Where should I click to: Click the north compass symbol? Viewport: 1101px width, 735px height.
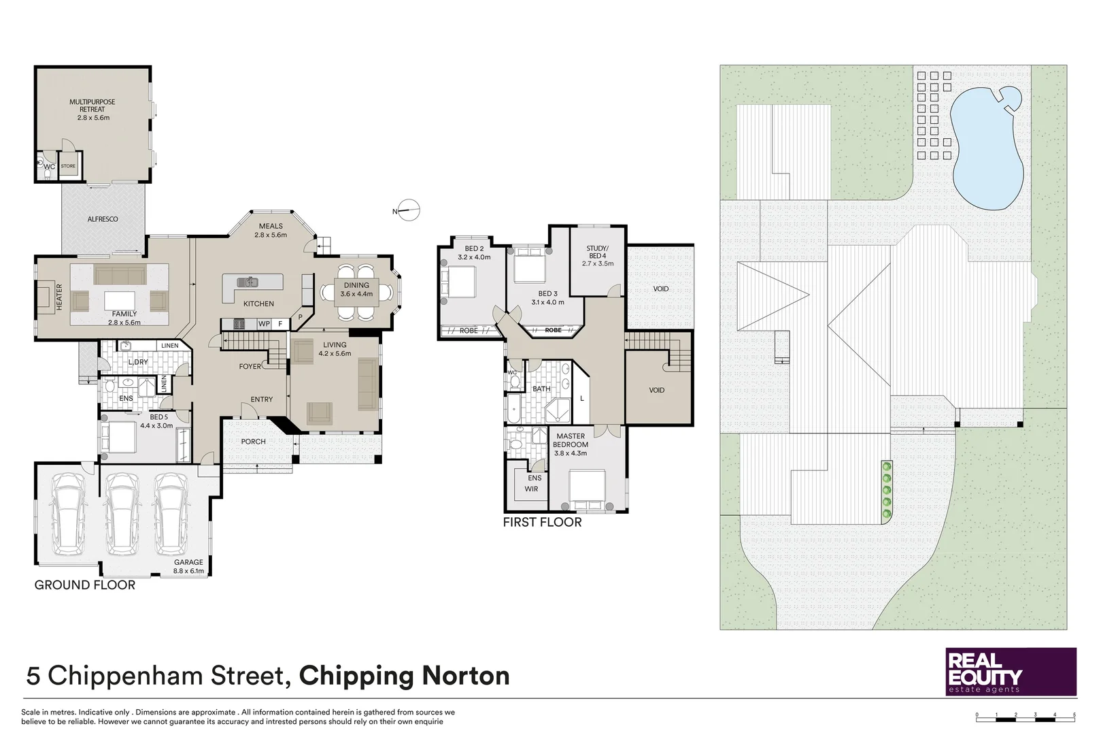409,211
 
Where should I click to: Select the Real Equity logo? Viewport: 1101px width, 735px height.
1011,672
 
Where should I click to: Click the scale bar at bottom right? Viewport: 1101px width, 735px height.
1026,717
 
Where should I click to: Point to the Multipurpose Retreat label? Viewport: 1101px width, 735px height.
92,110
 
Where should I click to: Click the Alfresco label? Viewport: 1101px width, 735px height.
103,219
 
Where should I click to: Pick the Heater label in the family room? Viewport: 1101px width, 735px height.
59,297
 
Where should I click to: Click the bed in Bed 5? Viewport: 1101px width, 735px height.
120,438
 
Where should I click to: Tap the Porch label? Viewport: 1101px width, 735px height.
253,442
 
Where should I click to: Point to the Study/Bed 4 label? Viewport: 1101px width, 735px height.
597,256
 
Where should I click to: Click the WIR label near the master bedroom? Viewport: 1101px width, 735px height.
531,489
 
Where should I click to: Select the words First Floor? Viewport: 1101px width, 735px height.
542,523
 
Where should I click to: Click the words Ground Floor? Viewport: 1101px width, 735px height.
84,585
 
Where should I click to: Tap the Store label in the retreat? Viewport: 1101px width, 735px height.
68,166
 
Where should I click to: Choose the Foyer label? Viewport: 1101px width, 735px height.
250,366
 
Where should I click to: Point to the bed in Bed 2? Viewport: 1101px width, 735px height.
460,282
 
